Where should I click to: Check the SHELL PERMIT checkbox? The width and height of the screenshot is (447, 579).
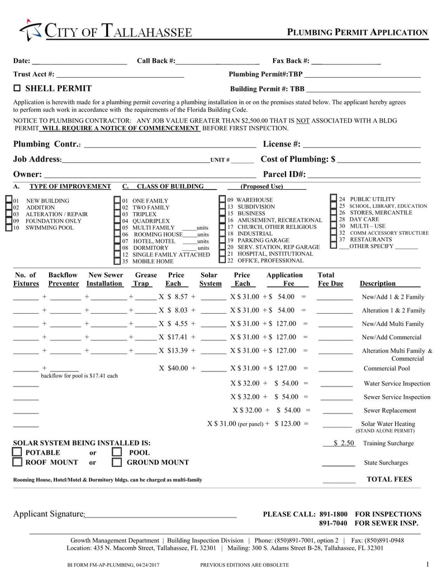17,88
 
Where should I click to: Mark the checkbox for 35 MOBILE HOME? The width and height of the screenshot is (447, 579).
117,261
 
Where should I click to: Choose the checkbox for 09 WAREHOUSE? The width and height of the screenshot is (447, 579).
222,200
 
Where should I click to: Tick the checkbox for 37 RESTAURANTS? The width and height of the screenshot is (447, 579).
334,239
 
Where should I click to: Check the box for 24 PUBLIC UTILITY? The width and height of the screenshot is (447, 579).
334,199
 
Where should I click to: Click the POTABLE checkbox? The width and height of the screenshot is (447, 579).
17,452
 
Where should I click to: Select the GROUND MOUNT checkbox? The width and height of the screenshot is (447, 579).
117,462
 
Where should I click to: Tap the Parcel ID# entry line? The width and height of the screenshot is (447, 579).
364,175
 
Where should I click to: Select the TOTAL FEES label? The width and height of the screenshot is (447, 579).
389,479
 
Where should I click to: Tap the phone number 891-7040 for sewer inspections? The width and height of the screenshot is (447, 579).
333,524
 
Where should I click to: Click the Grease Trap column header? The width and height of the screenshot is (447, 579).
146,279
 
